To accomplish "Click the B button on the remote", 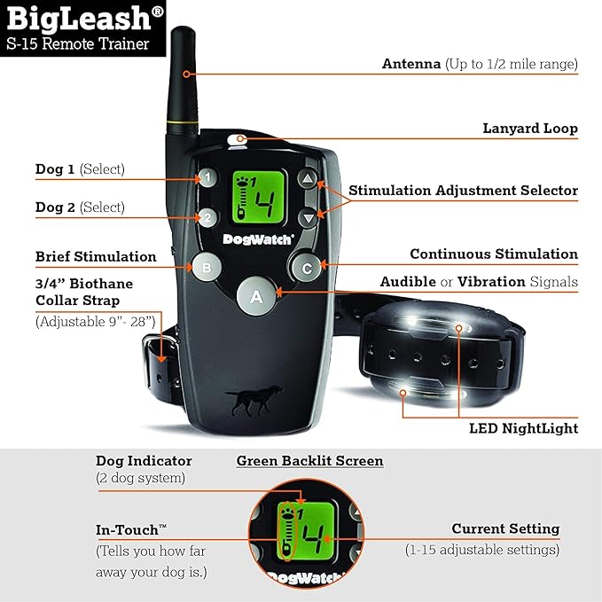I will pyautogui.click(x=206, y=265).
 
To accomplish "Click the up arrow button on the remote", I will pyautogui.click(x=307, y=179).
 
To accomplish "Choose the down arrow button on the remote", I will pyautogui.click(x=307, y=217).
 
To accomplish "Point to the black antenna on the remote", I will pyautogui.click(x=184, y=80).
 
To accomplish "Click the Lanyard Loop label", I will pyautogui.click(x=529, y=129).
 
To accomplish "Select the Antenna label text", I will pyautogui.click(x=412, y=64).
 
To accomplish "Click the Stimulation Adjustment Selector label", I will pyautogui.click(x=462, y=191).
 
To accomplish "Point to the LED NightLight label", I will pyautogui.click(x=523, y=428).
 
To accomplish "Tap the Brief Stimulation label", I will pyautogui.click(x=96, y=256).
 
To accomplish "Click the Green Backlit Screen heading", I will pyautogui.click(x=309, y=461).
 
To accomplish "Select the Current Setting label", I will pyautogui.click(x=505, y=529).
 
